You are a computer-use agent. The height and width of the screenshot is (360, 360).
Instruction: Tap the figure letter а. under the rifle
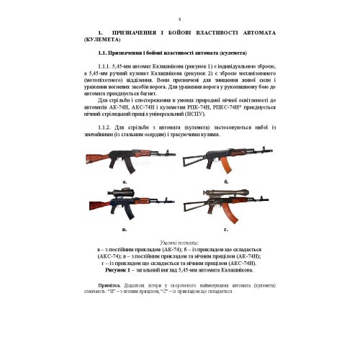tap(124, 183)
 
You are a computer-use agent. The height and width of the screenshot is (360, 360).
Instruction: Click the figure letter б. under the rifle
tap(226, 183)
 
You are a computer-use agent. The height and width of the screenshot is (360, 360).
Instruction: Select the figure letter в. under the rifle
tap(124, 228)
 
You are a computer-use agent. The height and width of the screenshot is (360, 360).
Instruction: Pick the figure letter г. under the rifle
tap(226, 228)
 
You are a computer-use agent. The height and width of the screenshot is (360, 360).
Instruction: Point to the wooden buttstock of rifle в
tap(96, 210)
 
